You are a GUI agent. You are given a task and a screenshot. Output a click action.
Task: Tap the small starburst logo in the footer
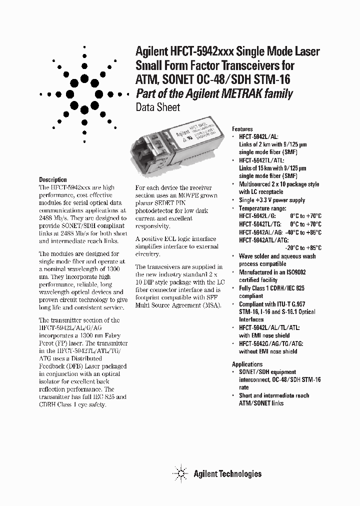[181, 473]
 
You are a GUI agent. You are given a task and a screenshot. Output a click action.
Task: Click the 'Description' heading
[53, 179]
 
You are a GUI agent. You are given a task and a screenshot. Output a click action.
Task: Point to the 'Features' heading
[242, 129]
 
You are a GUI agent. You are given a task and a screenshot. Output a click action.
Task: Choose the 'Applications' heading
[247, 364]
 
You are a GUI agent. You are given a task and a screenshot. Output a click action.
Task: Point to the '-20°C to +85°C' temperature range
[303, 247]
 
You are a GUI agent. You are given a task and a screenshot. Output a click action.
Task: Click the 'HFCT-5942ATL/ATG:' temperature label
[265, 239]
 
